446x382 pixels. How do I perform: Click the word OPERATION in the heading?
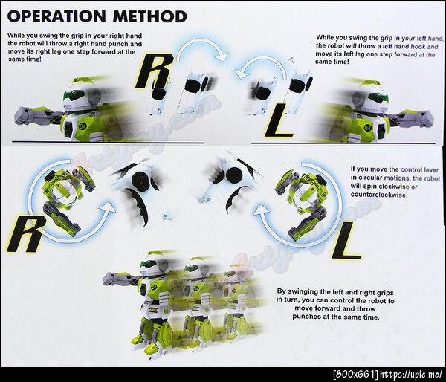tap(56, 16)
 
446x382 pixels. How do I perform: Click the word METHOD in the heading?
tap(150, 16)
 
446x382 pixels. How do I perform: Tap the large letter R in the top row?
tap(154, 71)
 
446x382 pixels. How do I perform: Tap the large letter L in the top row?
tap(279, 120)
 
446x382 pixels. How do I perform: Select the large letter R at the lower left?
tap(26, 234)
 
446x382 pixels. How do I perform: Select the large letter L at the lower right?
tap(346, 241)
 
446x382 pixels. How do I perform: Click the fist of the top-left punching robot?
tap(23, 115)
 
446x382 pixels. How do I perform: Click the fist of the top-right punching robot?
tap(425, 118)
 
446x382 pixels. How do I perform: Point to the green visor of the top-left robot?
tap(74, 95)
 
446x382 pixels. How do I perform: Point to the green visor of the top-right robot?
tap(378, 98)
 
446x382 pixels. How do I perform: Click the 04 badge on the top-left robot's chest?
tap(83, 125)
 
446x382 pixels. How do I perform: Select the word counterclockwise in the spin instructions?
tap(378, 195)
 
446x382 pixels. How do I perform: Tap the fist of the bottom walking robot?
tap(110, 279)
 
